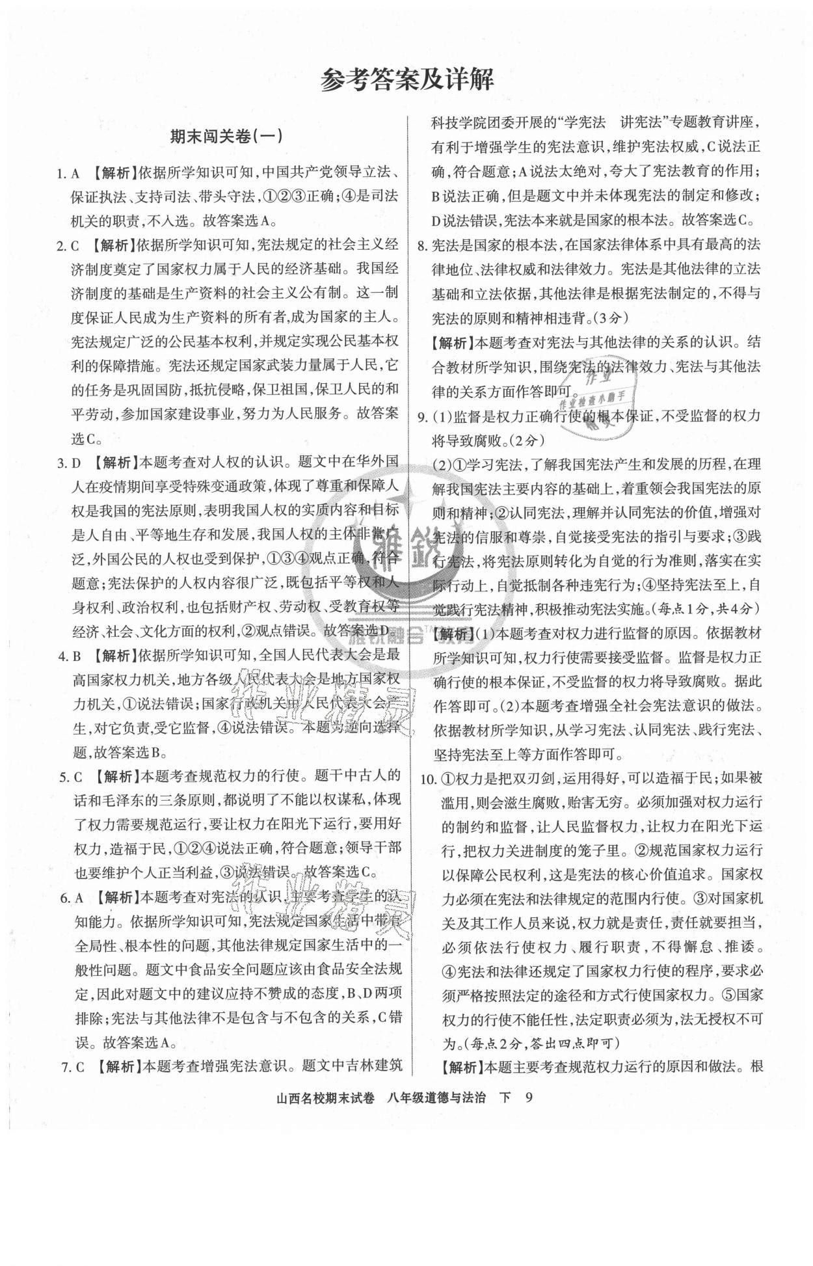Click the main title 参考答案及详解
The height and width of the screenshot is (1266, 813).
point(407,80)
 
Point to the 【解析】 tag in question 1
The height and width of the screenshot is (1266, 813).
point(109,173)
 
